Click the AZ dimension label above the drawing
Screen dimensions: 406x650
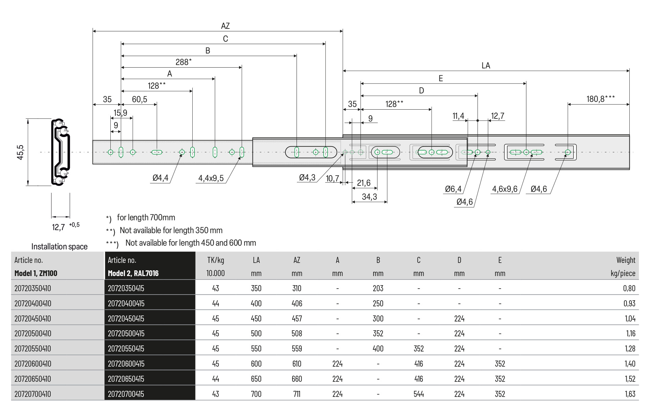(x=225, y=26)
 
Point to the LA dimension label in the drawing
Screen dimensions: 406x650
(x=485, y=66)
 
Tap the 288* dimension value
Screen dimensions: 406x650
(x=183, y=62)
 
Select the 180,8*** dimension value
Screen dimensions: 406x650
(x=600, y=99)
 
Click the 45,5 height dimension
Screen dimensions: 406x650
(x=21, y=152)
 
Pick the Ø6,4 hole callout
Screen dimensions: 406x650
(x=453, y=189)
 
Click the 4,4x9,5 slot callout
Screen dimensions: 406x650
(x=211, y=178)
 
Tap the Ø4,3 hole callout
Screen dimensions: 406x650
(x=307, y=178)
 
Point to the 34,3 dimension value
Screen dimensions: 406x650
(x=369, y=197)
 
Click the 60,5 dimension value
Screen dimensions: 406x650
(x=139, y=99)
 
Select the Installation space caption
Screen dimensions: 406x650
(x=59, y=247)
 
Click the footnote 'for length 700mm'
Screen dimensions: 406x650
(x=146, y=218)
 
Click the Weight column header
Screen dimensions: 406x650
(x=626, y=260)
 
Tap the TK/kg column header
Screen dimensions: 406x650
(x=216, y=260)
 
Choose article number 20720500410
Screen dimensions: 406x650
(x=33, y=334)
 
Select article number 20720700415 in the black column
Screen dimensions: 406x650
(x=126, y=394)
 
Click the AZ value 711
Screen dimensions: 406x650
(x=297, y=394)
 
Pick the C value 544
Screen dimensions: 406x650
(x=418, y=394)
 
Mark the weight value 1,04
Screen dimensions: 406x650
(x=630, y=319)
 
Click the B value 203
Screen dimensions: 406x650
(x=378, y=289)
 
